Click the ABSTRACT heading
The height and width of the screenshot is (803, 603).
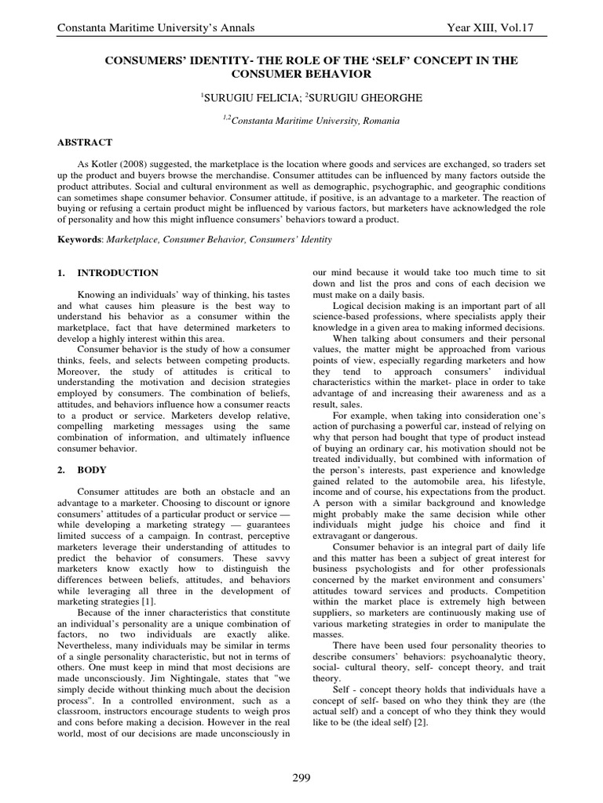(84, 142)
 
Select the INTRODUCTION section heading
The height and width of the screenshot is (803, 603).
(117, 273)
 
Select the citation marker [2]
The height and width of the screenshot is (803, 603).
(421, 721)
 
